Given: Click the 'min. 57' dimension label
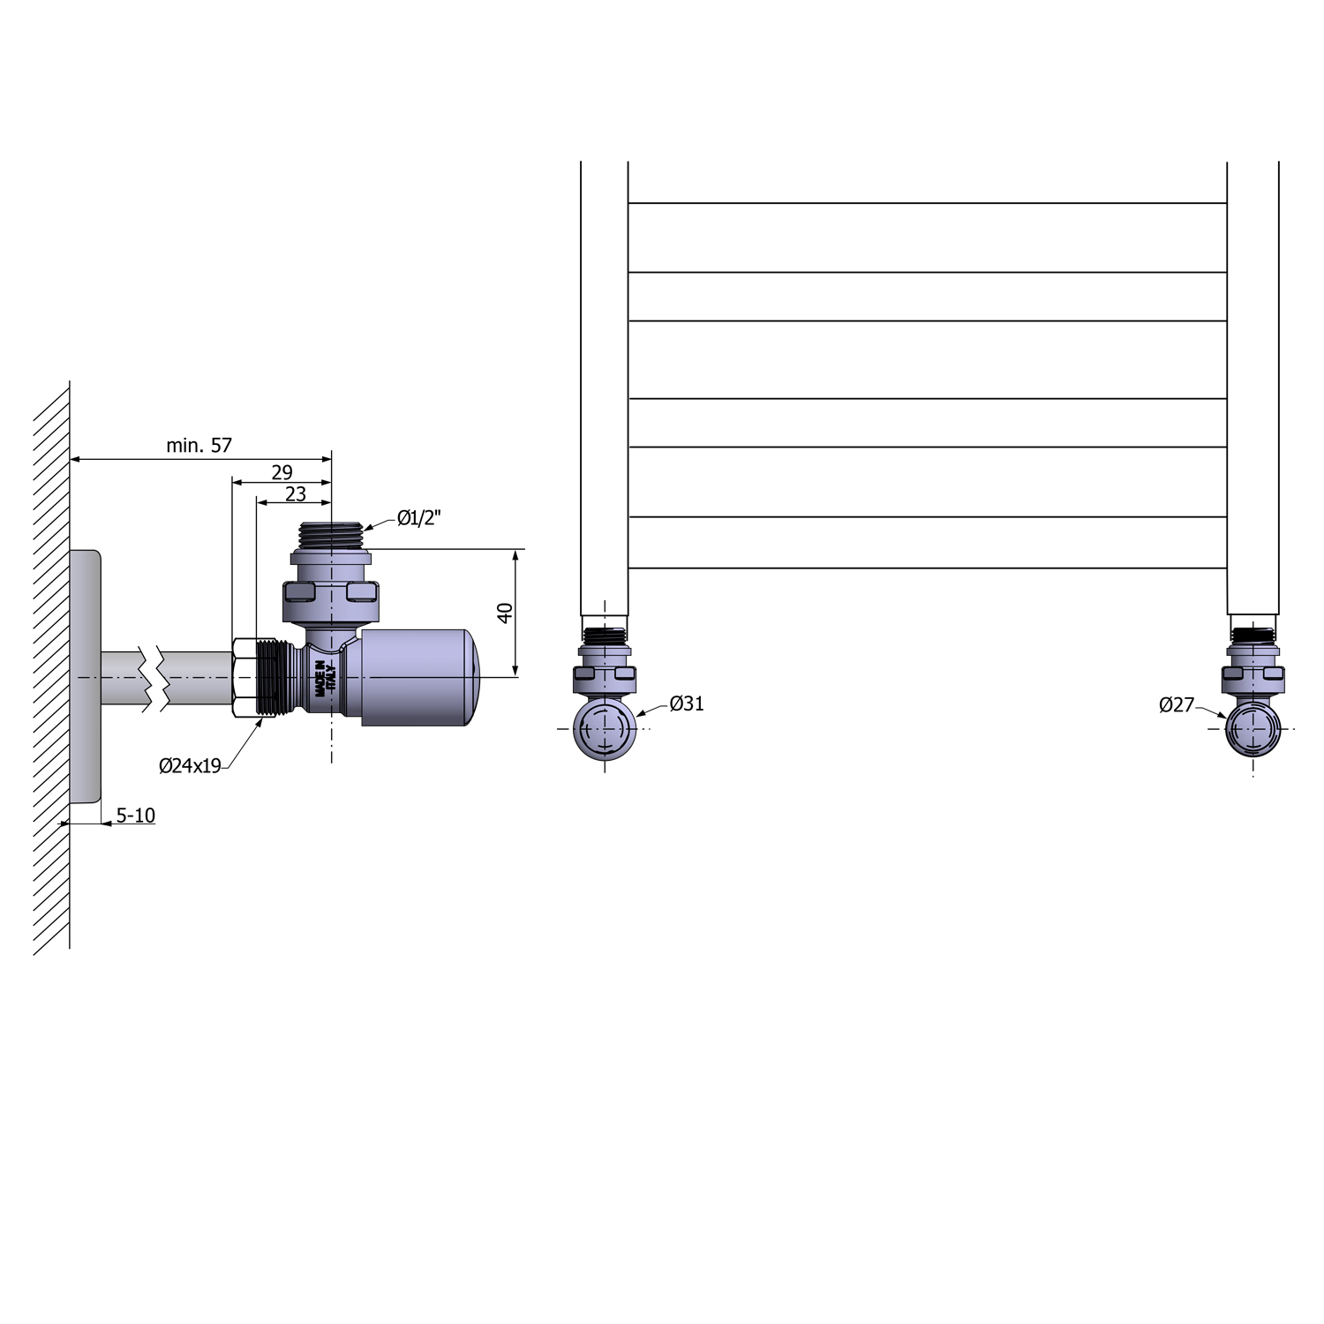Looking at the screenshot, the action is click(x=199, y=446).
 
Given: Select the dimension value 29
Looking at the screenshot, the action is click(x=282, y=472).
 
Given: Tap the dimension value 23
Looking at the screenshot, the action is click(x=295, y=494).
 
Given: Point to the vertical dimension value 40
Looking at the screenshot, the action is click(x=505, y=613).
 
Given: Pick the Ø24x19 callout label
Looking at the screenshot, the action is click(x=190, y=766).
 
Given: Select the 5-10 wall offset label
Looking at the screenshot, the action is click(x=136, y=816).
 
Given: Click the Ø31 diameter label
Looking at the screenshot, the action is click(x=687, y=703).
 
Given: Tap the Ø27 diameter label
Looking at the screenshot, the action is click(x=1177, y=704).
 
